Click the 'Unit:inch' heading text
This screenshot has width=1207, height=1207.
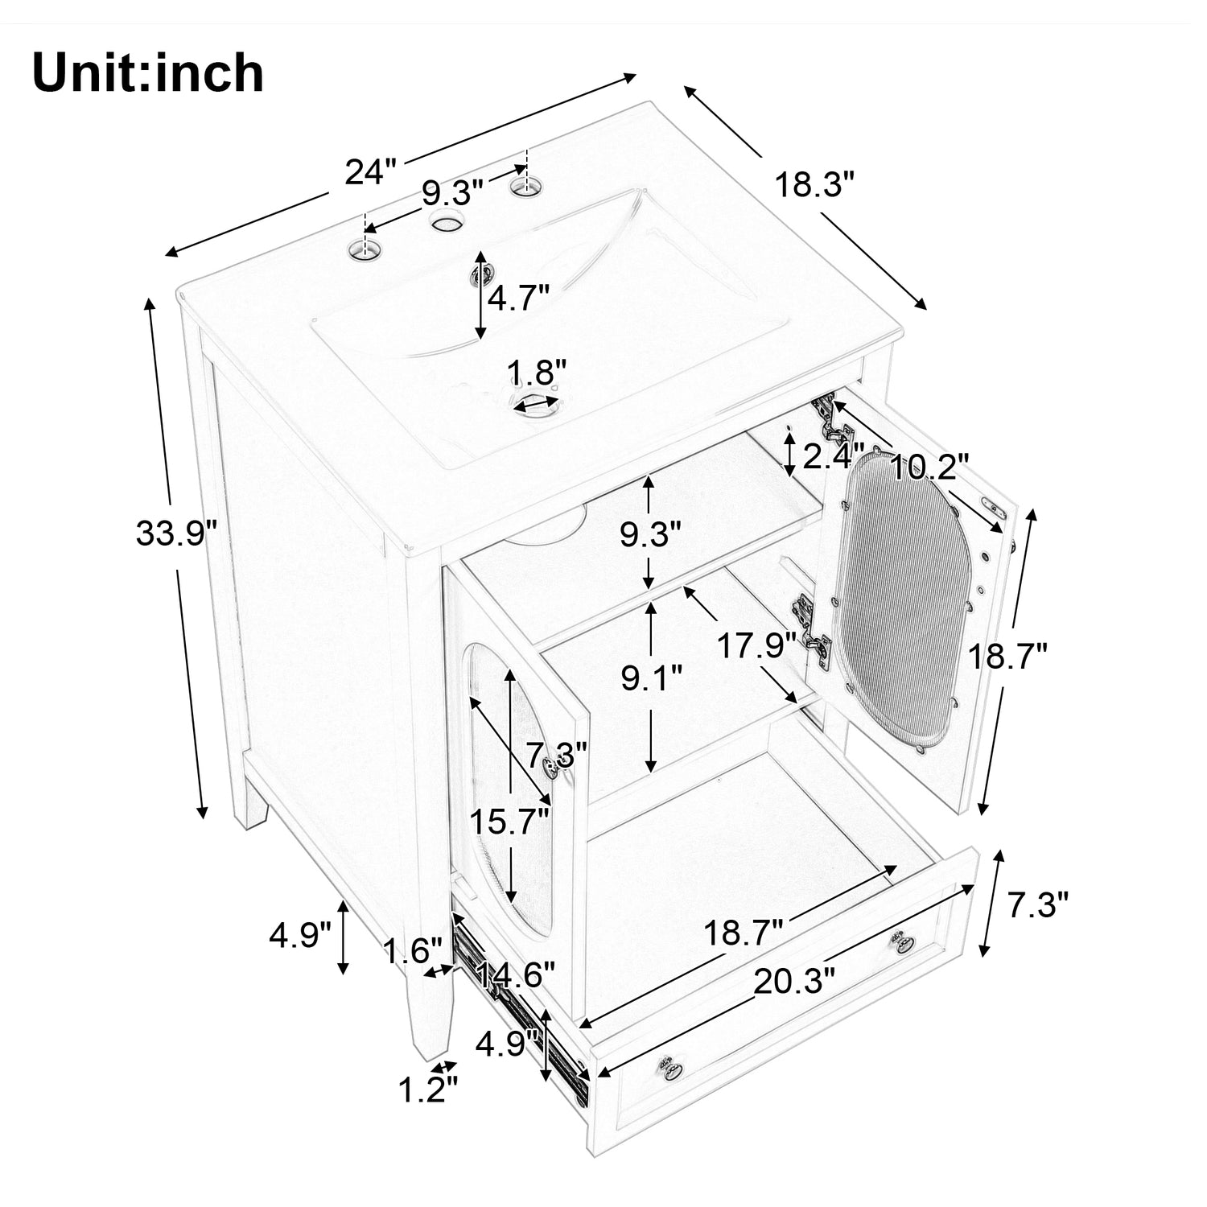pyautogui.click(x=148, y=73)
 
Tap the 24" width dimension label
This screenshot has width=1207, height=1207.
pyautogui.click(x=371, y=171)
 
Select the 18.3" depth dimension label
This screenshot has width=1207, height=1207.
pyautogui.click(x=813, y=186)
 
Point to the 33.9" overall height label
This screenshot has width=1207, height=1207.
pyautogui.click(x=176, y=533)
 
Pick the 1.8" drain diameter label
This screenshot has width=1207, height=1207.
pyautogui.click(x=538, y=373)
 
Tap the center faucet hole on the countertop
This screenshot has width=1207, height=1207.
pyautogui.click(x=445, y=221)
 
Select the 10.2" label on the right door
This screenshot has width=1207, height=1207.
pyautogui.click(x=928, y=467)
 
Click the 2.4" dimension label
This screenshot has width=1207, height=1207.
pyautogui.click(x=834, y=456)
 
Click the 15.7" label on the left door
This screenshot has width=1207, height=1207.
pyautogui.click(x=509, y=822)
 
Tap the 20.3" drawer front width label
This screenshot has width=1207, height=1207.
pyautogui.click(x=793, y=982)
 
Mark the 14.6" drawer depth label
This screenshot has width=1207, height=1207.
pyautogui.click(x=516, y=977)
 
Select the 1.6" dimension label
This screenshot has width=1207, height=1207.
pyautogui.click(x=413, y=951)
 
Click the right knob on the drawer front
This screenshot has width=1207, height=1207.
pyautogui.click(x=899, y=941)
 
